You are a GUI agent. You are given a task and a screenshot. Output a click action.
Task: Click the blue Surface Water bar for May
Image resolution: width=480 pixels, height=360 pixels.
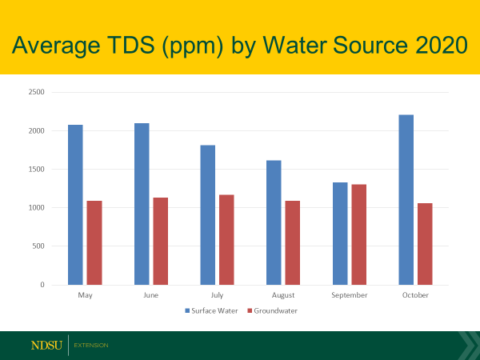(x=75, y=205)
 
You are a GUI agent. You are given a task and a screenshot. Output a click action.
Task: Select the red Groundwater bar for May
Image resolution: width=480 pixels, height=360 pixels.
(x=94, y=242)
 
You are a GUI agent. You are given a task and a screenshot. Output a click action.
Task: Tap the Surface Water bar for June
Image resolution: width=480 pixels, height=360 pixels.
(x=142, y=204)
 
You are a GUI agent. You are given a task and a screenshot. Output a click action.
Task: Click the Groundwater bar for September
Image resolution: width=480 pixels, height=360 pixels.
(x=358, y=234)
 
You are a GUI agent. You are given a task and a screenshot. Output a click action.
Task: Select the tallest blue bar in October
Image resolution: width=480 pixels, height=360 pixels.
(x=406, y=200)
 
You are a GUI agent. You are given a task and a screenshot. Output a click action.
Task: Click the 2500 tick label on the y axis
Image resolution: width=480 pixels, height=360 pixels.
(x=36, y=92)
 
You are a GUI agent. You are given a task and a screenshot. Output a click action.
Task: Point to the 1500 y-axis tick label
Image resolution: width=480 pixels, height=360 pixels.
(x=36, y=170)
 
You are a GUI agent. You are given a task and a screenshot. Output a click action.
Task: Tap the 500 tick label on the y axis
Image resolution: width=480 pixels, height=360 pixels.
(x=38, y=246)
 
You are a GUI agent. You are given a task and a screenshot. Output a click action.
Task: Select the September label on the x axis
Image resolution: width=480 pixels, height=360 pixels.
(x=349, y=295)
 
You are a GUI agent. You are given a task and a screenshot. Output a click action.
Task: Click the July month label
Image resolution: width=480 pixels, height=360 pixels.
(x=217, y=295)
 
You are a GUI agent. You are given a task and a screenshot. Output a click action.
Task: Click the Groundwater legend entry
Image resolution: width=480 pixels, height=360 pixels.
(x=272, y=310)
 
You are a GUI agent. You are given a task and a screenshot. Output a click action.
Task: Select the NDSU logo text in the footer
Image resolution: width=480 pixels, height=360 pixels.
(x=46, y=346)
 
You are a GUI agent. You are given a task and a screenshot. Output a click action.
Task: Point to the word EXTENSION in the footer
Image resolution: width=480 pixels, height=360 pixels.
(x=90, y=346)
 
